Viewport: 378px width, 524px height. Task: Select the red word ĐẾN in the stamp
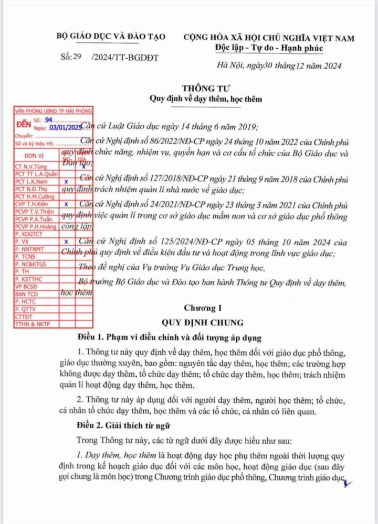point(24,125)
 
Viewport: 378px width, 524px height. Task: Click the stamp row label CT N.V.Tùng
point(33,167)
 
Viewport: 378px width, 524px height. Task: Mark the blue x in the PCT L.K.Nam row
point(66,181)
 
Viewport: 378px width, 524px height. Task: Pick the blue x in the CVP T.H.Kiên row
point(66,203)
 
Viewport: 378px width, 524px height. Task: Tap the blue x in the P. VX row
point(66,242)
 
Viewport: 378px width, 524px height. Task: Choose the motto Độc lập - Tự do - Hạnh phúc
point(269,49)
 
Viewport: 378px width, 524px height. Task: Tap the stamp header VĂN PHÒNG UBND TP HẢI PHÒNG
point(53,111)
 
